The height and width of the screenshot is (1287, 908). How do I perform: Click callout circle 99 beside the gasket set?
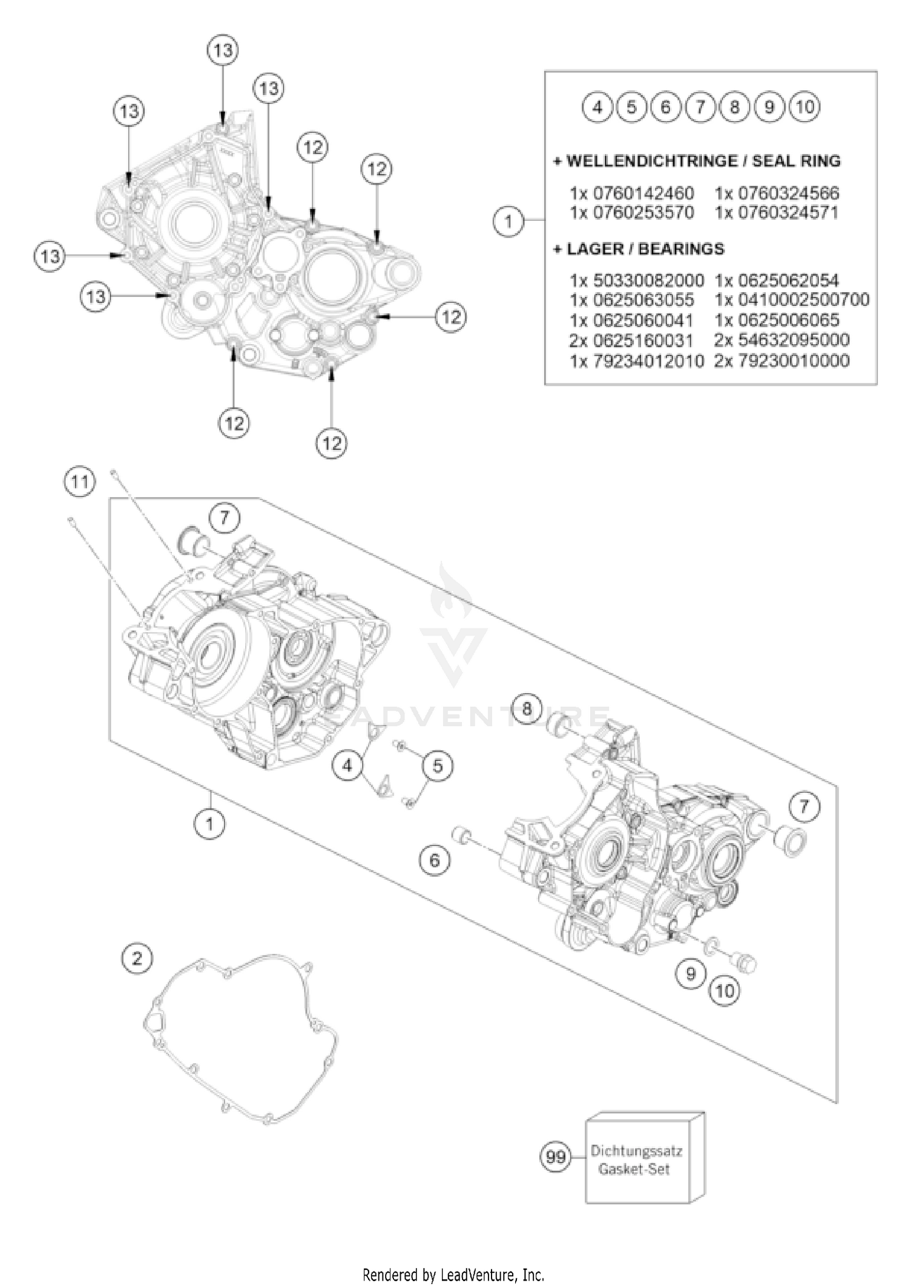[555, 1156]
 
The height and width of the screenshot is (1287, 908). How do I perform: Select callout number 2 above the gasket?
[137, 958]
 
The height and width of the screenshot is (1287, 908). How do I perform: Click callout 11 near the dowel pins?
[79, 482]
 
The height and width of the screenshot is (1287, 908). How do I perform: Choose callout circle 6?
[435, 859]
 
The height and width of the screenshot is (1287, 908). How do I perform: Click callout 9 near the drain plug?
[691, 973]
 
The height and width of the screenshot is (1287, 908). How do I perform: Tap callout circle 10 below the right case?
[725, 990]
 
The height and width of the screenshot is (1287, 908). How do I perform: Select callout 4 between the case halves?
[347, 766]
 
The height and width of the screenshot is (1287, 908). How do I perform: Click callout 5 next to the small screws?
[438, 766]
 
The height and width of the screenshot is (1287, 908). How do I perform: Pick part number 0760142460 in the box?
[643, 194]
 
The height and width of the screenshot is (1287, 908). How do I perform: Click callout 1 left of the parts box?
[508, 221]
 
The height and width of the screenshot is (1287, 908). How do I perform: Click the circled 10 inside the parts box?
[804, 107]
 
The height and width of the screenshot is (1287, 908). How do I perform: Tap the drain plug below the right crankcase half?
[745, 963]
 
